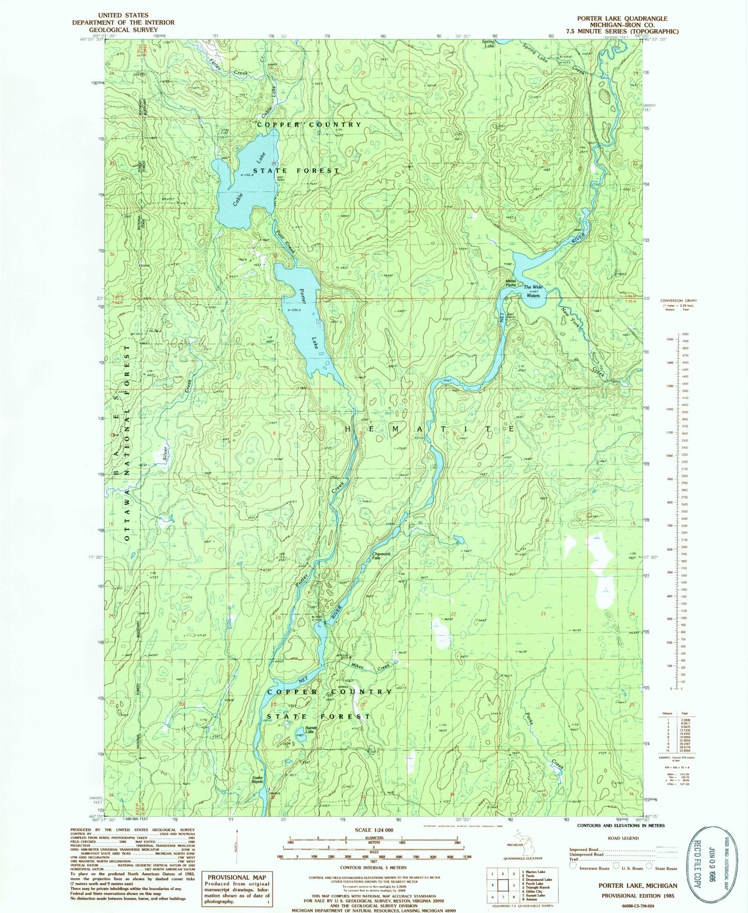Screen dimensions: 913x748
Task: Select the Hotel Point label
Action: (x=510, y=283)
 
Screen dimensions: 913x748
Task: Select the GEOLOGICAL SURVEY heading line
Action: (x=123, y=30)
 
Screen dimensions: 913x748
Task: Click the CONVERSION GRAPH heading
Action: (x=678, y=300)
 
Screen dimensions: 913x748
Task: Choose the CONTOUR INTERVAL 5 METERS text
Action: (x=373, y=866)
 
